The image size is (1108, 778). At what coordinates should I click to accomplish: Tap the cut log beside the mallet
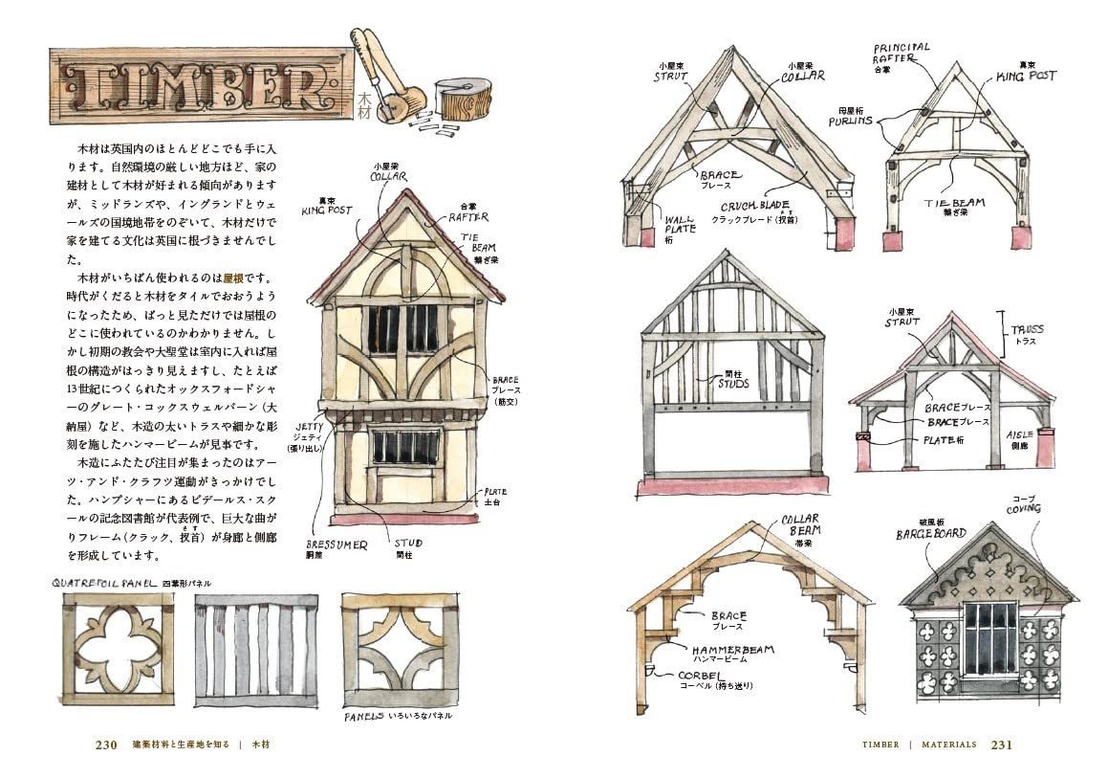point(463,100)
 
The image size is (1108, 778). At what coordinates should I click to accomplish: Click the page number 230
point(106,744)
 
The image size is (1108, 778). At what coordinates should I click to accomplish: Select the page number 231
point(1001,744)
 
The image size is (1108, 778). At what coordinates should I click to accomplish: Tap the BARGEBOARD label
point(930,534)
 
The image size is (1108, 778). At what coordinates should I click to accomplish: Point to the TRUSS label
point(1028,330)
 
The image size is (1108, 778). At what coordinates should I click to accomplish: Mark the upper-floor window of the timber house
point(402,328)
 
